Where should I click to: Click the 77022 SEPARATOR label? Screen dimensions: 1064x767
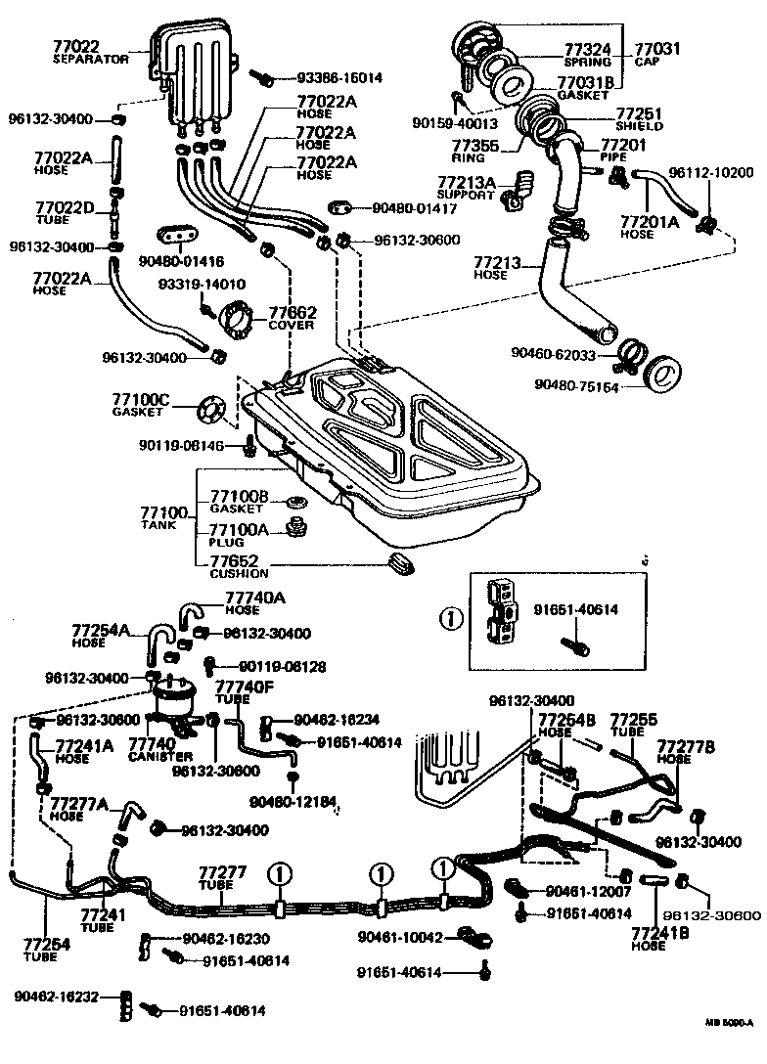pos(89,51)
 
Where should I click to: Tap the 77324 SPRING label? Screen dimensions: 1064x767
pos(587,53)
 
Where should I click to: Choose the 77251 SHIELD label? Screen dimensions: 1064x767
pos(640,120)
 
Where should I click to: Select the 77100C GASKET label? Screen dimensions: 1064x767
pos(140,404)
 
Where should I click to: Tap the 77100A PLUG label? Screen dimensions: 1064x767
pos(236,533)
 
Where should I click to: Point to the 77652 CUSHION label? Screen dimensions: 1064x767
pos(238,566)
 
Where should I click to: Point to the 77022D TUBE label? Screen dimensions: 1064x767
pos(65,212)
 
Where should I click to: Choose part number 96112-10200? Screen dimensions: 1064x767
pos(710,173)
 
